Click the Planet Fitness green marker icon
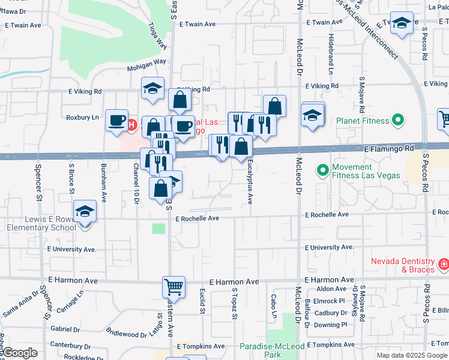tap(397, 121)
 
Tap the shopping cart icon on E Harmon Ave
tap(173, 287)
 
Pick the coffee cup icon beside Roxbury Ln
tap(116, 120)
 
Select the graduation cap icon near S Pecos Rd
tap(402, 23)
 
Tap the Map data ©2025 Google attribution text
tap(412, 355)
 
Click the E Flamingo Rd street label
tap(389, 148)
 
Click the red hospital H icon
tap(131, 124)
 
